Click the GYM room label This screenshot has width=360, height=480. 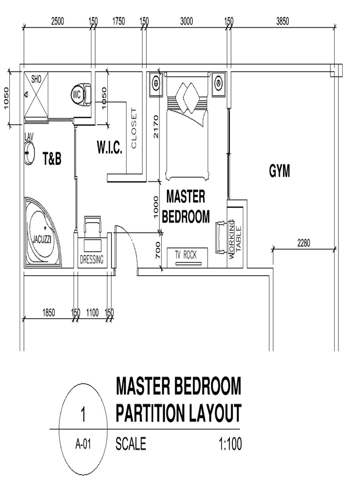[279, 172]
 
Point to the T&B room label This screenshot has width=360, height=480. [52, 159]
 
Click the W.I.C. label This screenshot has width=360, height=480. [110, 150]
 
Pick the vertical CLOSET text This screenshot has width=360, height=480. [134, 128]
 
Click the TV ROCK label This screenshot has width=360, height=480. [186, 255]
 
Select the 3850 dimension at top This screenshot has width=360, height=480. [283, 21]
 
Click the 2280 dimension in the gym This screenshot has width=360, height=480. [304, 243]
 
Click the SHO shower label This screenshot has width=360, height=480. [36, 79]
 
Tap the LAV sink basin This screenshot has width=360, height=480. [30, 153]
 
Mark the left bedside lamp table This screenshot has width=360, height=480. [156, 84]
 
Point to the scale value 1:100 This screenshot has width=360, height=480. [230, 444]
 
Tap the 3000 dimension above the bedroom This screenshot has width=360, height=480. [186, 21]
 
